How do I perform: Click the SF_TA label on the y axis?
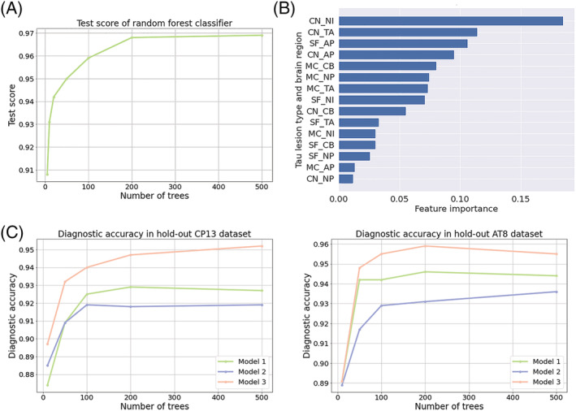(323, 122)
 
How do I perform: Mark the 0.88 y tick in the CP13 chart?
(28, 375)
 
